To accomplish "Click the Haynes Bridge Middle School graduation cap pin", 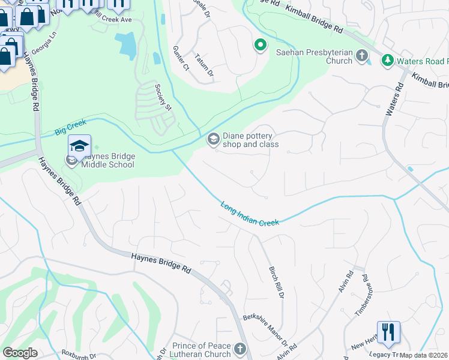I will [79, 146].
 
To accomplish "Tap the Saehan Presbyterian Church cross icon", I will [361, 56].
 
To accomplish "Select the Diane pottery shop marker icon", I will [212, 139].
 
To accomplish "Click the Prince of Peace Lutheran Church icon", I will [240, 349].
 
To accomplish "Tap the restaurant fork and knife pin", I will [388, 332].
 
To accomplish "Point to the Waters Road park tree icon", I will [387, 61].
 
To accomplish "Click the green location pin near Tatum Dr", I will [260, 46].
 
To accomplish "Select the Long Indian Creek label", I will [250, 214].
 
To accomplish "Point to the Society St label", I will [163, 97].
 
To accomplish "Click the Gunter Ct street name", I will [181, 58].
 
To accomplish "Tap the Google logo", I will [20, 353].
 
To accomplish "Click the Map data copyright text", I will [424, 355].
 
